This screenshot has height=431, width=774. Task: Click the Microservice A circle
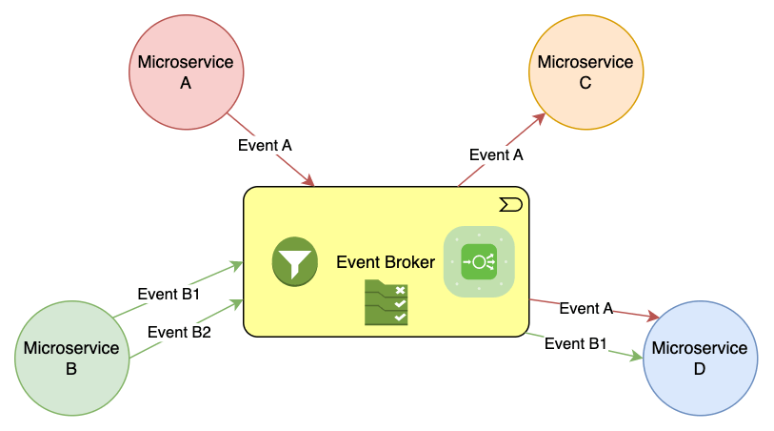(x=186, y=72)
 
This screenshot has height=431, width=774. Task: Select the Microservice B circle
(x=71, y=359)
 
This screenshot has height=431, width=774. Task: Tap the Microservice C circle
(x=585, y=72)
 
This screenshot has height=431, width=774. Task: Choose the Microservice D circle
(x=700, y=359)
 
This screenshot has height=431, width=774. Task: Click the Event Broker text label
(x=386, y=262)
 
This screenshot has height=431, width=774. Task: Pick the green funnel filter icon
(x=294, y=261)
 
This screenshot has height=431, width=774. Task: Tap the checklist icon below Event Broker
(x=386, y=303)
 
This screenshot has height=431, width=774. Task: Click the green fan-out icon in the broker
(x=479, y=261)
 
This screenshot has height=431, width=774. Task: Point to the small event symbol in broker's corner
(x=510, y=204)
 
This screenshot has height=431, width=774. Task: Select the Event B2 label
(x=180, y=332)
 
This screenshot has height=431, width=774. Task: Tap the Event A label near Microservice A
(x=265, y=145)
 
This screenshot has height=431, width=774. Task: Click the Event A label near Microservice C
(x=497, y=154)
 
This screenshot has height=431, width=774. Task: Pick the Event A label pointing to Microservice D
(x=586, y=308)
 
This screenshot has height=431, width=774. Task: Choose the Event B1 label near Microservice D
(x=576, y=343)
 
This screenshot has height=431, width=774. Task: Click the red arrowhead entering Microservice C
(x=541, y=117)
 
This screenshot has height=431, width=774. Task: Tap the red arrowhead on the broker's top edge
(x=308, y=181)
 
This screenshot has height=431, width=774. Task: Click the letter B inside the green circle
(x=71, y=370)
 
